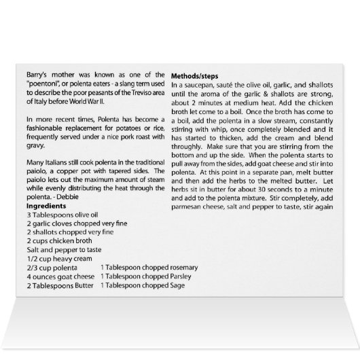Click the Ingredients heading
(x=48, y=205)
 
